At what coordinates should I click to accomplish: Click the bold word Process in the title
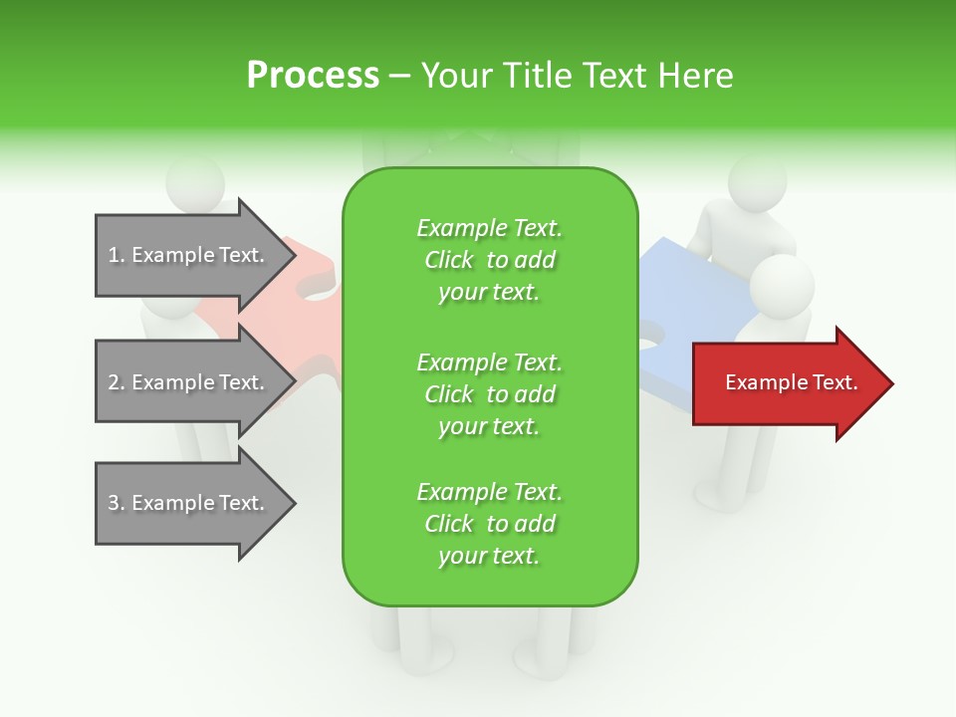(x=313, y=75)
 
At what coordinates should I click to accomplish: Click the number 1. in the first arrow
(x=117, y=256)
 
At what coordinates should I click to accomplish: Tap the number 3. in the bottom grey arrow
(x=117, y=504)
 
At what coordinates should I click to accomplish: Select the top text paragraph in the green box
(x=490, y=260)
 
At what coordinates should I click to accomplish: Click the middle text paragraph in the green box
(x=490, y=393)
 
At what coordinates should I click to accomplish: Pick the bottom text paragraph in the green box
(x=490, y=524)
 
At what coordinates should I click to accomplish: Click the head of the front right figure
(x=782, y=284)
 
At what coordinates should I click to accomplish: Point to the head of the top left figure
(x=195, y=184)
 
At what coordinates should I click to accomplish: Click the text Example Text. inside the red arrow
(x=792, y=382)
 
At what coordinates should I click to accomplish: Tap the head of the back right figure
(x=757, y=179)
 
